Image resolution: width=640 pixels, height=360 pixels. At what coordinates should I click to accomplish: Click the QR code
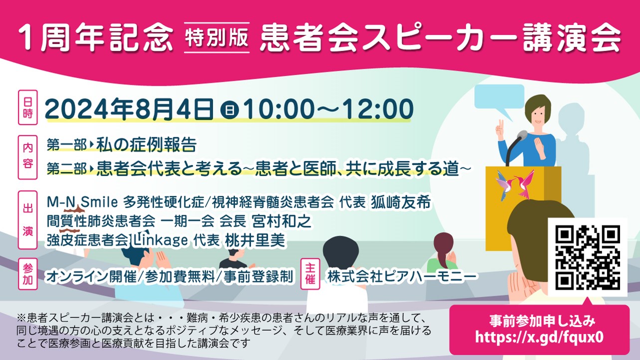588,257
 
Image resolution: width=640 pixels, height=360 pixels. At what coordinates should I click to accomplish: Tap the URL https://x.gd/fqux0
539,337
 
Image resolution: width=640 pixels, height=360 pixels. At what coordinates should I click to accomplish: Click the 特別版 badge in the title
217,38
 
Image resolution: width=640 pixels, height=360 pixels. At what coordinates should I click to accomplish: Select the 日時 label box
28,107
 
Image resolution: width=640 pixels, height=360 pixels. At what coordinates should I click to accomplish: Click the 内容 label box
28,157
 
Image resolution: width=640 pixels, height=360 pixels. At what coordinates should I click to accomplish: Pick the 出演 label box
28,220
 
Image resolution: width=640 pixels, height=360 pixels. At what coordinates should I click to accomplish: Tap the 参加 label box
28,274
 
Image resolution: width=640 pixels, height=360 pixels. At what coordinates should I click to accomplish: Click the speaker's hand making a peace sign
500,130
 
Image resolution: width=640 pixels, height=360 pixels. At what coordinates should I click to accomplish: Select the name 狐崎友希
401,202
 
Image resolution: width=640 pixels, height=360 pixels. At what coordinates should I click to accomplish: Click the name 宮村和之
281,221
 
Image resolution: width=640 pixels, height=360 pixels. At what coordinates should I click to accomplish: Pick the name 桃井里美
255,240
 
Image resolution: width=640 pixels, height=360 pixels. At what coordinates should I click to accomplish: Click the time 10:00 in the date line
279,109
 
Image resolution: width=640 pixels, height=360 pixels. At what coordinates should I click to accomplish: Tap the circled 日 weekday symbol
230,110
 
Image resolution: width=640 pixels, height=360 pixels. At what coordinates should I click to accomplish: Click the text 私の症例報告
146,145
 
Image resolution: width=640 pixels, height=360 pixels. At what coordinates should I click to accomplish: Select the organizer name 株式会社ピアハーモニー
402,276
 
